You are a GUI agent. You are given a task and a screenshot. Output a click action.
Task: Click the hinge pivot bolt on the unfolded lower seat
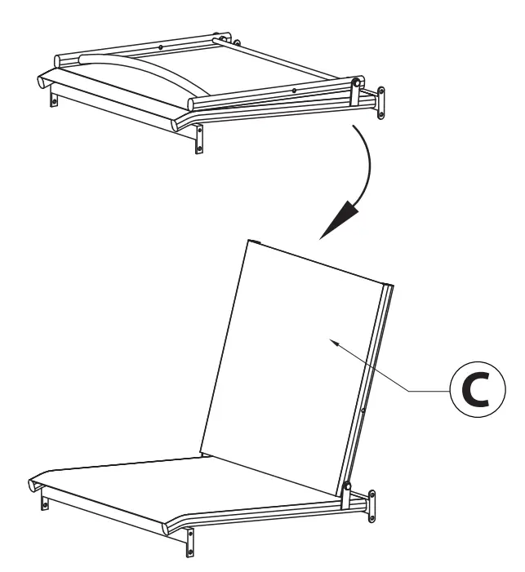point(347,487)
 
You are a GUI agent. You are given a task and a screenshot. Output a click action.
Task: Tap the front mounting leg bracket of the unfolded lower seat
point(189,539)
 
